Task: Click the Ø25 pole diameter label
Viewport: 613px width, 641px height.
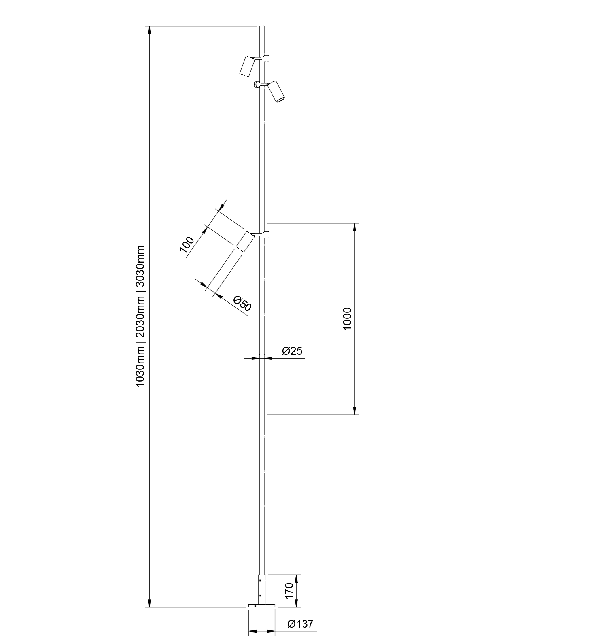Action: click(x=292, y=351)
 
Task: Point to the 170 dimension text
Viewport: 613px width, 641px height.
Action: click(x=288, y=590)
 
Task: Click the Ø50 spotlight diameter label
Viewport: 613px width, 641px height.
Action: click(x=243, y=304)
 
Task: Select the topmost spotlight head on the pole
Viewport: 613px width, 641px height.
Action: click(x=247, y=66)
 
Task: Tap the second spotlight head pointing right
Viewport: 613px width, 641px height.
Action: click(x=277, y=91)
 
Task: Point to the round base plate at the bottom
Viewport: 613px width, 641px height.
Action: click(x=261, y=606)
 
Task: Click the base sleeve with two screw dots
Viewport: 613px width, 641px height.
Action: click(x=262, y=589)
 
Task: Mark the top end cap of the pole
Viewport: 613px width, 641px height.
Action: click(x=262, y=29)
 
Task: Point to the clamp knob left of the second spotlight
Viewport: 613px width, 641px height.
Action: click(x=256, y=84)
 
